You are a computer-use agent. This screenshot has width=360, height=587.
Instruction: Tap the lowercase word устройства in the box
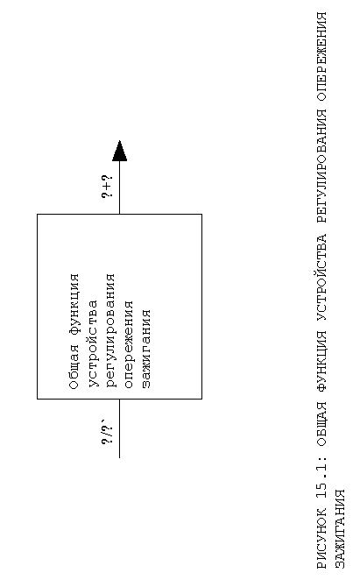pos(93,343)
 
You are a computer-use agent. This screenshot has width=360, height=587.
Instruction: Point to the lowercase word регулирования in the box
pos(111,330)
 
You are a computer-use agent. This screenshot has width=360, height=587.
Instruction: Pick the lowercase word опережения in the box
pos(129,344)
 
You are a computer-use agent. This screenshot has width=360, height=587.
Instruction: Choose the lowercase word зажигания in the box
pos(146,349)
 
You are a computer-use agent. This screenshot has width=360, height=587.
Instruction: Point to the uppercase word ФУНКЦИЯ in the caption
pos(321,362)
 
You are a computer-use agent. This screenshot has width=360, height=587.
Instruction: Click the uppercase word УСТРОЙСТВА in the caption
pos(321,278)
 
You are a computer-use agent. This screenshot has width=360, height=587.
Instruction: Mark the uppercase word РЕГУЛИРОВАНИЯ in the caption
pos(321,166)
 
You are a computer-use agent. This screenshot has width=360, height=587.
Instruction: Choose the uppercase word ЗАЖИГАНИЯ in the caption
pos(340,529)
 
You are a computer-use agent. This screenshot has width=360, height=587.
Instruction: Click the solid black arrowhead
pos(120,151)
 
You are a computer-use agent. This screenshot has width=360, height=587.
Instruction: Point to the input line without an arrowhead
pos(120,428)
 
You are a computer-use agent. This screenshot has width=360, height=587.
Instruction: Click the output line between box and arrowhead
pos(120,187)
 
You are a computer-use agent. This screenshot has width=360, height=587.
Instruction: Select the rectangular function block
pos(120,307)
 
